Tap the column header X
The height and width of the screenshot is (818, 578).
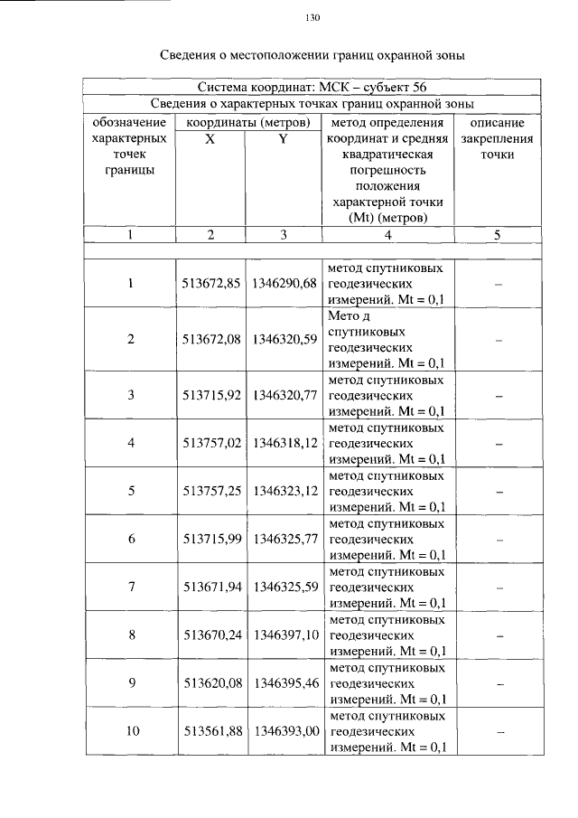(x=210, y=138)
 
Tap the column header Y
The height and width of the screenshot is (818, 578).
(x=283, y=138)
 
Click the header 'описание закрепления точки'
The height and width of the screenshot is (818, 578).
(x=496, y=137)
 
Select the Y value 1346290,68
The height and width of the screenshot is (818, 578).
(x=284, y=284)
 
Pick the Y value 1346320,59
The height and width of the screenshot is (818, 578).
(x=284, y=339)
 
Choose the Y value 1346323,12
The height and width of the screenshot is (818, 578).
(x=284, y=491)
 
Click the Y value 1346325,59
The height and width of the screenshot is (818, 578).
(x=284, y=587)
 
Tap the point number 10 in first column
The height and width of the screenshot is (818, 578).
(x=132, y=731)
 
